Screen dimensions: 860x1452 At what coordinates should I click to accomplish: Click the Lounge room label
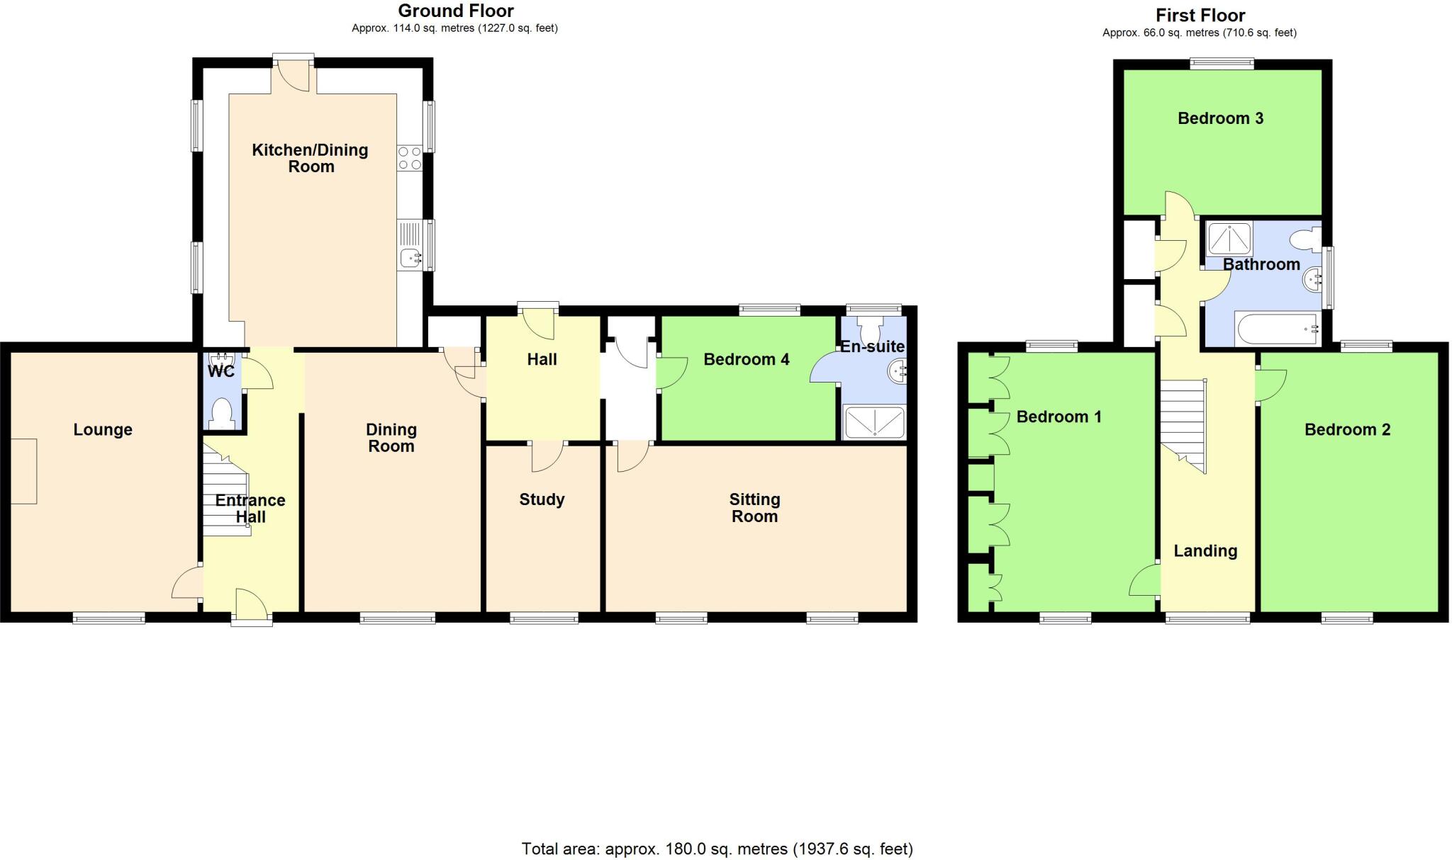[103, 429]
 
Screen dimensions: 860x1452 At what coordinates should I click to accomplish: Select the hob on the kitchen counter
[409, 158]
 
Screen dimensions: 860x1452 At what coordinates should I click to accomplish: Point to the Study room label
[542, 499]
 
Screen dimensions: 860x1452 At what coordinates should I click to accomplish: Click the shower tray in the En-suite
[874, 421]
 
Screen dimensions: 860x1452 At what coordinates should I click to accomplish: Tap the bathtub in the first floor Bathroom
[1277, 329]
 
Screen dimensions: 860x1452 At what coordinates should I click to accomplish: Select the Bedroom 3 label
[1220, 118]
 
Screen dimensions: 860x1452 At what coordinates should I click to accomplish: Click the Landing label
[1205, 550]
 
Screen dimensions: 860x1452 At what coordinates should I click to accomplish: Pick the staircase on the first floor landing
[1183, 425]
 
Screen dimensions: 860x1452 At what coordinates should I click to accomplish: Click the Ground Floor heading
[455, 11]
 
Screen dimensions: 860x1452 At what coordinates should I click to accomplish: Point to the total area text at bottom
[717, 849]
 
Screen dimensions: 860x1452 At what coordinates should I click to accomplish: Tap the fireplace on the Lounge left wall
[23, 471]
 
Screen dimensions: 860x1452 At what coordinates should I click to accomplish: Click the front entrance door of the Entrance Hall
[252, 608]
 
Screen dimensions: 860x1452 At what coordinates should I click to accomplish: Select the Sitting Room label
[754, 508]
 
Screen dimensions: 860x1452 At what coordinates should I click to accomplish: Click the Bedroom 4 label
[746, 359]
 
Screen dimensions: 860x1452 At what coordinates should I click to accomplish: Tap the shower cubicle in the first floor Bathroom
[1229, 239]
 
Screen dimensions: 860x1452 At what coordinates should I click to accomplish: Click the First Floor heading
[1200, 15]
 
